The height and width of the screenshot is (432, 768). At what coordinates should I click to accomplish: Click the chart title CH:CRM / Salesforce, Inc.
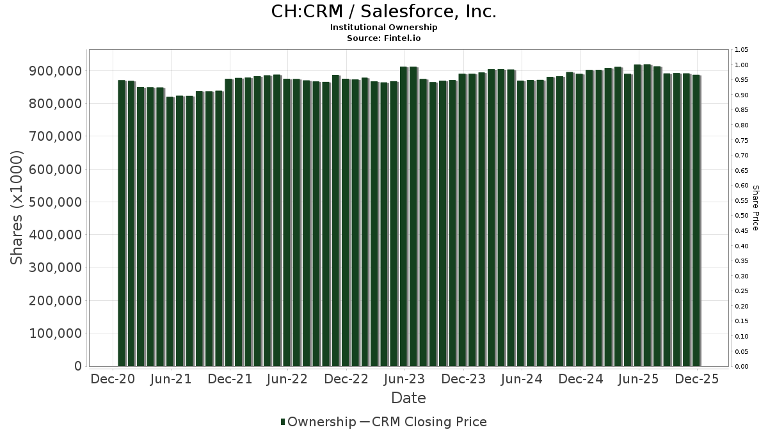click(383, 12)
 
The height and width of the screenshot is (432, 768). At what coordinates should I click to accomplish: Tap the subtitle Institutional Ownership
click(383, 28)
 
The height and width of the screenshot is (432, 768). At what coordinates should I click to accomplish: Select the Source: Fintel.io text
click(383, 38)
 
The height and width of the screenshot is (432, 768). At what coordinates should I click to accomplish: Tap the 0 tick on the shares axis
click(78, 366)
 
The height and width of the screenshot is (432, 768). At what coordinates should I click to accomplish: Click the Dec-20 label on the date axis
click(113, 379)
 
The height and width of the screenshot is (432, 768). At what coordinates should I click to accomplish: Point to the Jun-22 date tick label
click(287, 379)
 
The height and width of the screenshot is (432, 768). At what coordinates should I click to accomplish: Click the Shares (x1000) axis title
click(17, 207)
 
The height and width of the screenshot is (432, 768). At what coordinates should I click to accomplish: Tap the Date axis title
click(408, 398)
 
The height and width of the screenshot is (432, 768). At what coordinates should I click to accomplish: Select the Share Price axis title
click(755, 207)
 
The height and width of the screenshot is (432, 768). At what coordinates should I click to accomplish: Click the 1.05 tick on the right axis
click(741, 50)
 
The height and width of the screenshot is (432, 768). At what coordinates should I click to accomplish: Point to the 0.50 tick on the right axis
click(741, 216)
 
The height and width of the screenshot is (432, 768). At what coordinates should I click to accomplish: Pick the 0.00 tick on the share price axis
click(741, 367)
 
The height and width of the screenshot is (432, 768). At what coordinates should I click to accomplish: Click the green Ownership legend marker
click(283, 422)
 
